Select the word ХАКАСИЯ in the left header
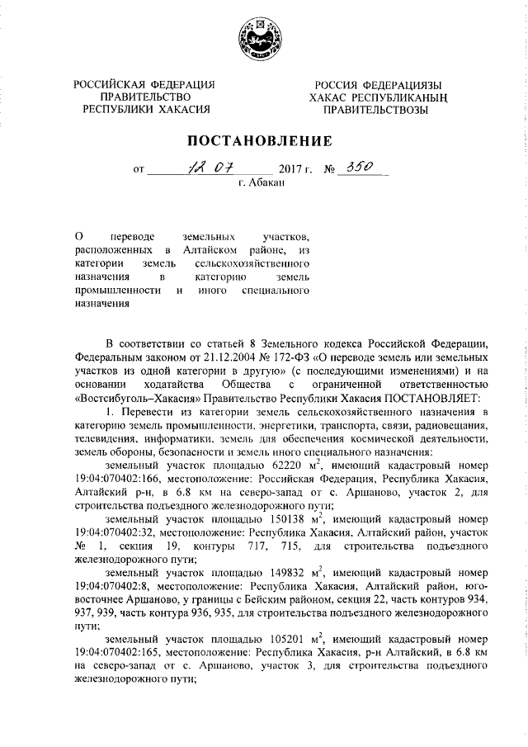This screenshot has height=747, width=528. coord(181,107)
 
